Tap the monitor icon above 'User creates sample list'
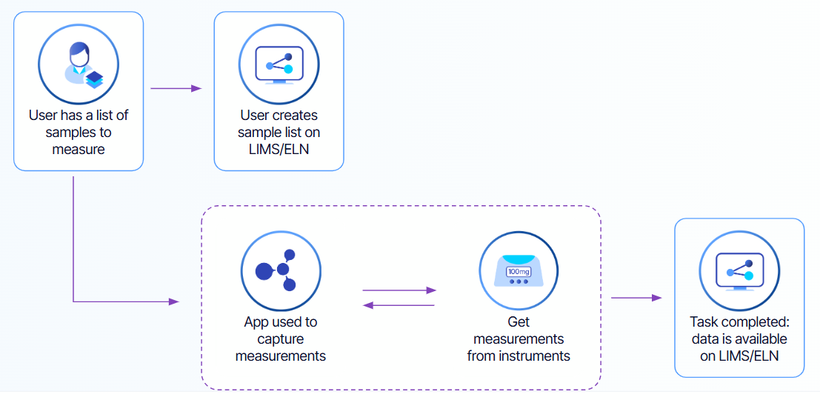279,64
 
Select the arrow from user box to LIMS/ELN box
176,88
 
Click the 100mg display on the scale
518,271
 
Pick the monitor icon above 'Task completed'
739,270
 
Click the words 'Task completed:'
739,322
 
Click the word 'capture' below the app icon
280,339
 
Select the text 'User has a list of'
79,116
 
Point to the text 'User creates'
279,116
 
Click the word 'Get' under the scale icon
519,322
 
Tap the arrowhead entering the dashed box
175,301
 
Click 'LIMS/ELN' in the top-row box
279,149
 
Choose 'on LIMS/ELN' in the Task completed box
739,355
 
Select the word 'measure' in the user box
79,149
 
